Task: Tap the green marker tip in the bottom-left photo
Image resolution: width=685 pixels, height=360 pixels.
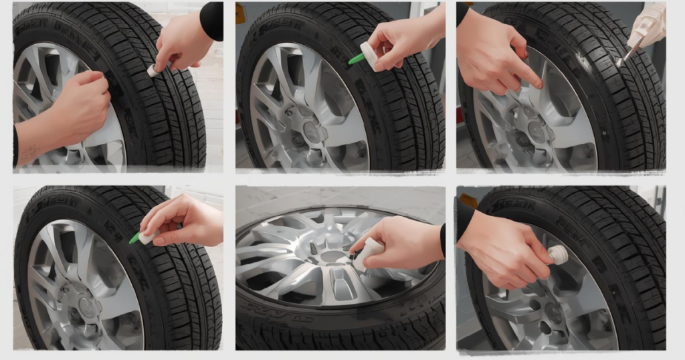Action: click(134, 238)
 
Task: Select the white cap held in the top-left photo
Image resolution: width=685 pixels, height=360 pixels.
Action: click(153, 70)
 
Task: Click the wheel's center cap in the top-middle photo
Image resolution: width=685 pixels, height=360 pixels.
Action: click(312, 132)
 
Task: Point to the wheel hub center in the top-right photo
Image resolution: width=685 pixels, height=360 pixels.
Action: click(535, 131)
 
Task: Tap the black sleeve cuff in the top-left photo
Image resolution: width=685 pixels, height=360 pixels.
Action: click(211, 21)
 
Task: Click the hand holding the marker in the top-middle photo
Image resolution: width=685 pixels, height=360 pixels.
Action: click(401, 43)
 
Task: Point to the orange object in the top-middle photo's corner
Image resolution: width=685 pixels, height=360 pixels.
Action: click(240, 14)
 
